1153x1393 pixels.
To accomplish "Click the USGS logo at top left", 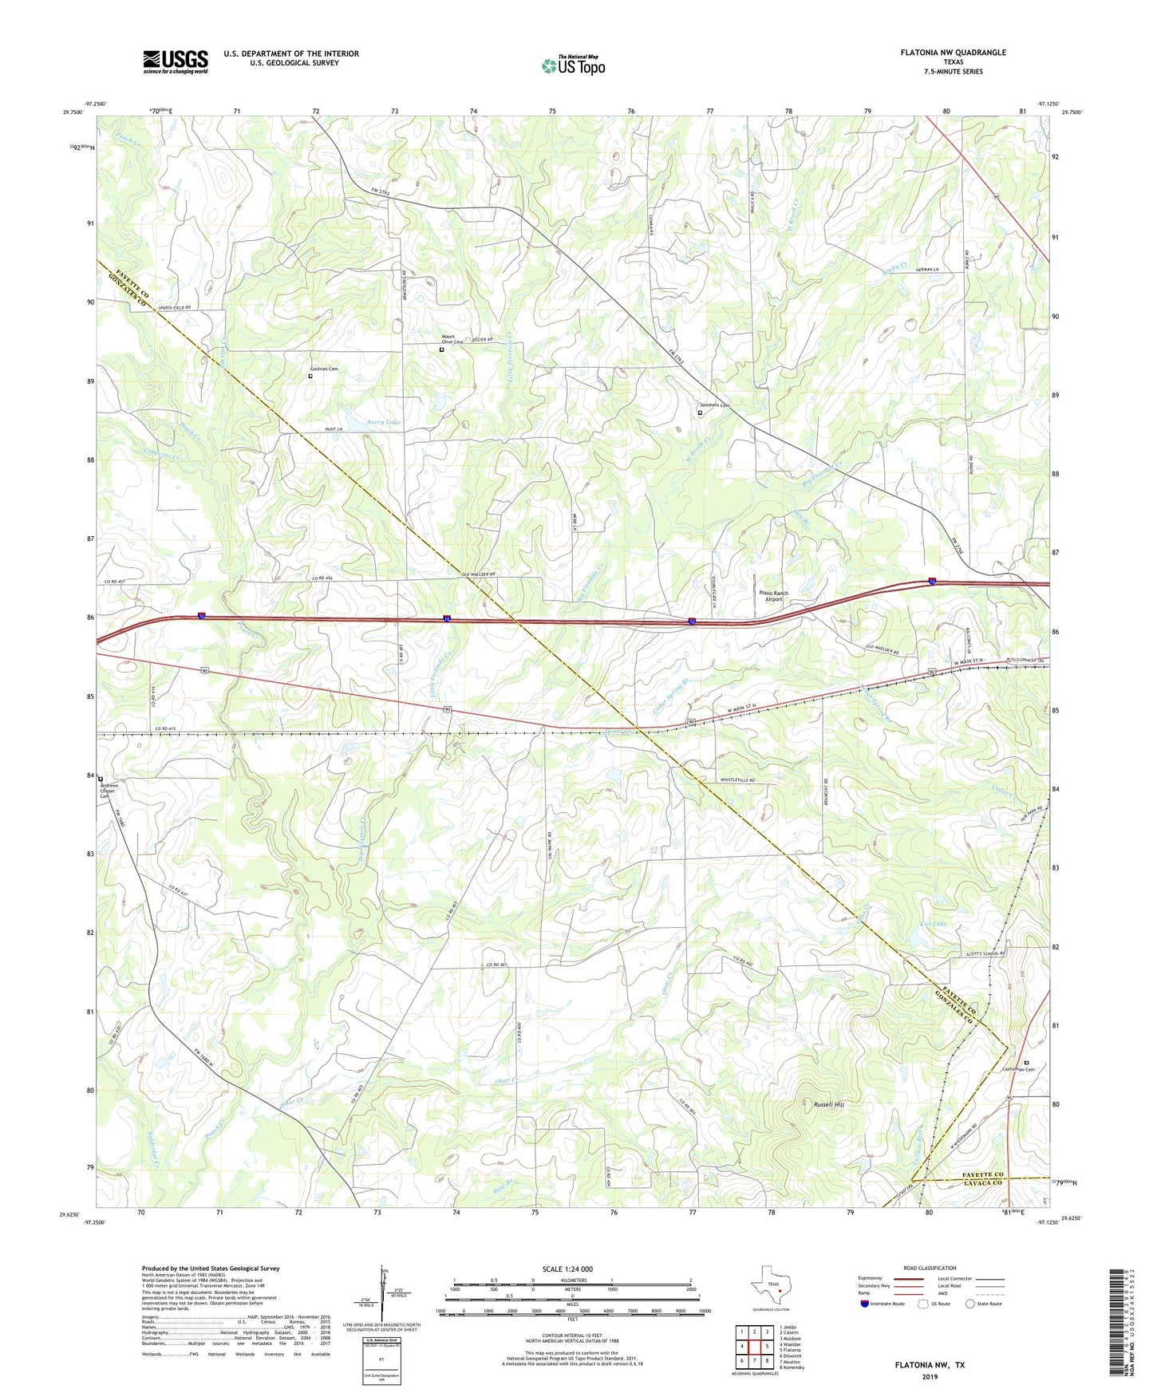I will pos(175,61).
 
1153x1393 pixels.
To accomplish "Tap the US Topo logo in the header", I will pos(573,65).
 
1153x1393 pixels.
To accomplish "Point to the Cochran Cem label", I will pos(323,369).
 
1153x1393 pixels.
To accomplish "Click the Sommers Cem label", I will pos(714,405).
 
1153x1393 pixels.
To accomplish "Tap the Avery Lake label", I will pos(384,421).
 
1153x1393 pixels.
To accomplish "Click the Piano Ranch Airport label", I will pos(773,596).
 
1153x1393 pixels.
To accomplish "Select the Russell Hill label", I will pos(828,1105).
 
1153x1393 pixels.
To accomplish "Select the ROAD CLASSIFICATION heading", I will pos(929,1268).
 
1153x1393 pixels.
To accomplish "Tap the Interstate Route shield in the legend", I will pos(864,1304).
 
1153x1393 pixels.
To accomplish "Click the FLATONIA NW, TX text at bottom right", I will pos(929,1365).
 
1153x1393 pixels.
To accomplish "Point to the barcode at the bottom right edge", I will pos(1117,1321).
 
